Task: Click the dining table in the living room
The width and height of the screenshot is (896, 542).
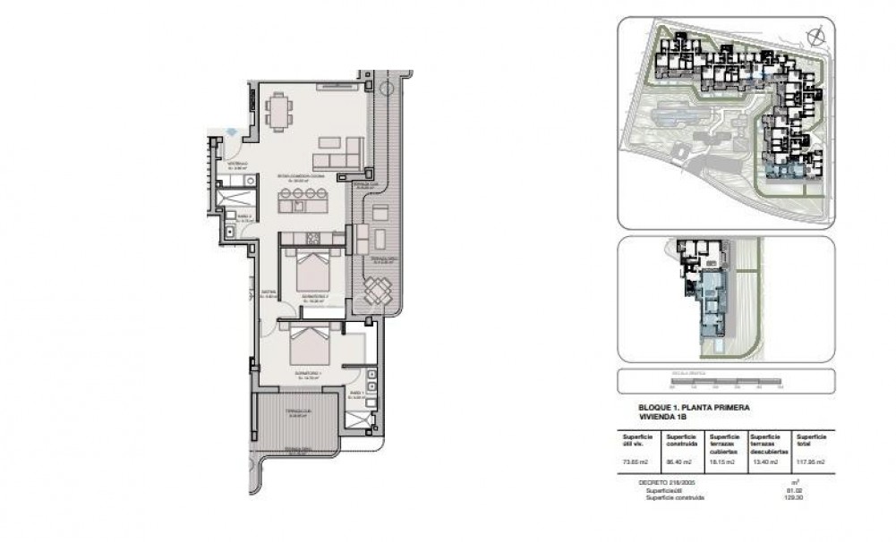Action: pos(278,112)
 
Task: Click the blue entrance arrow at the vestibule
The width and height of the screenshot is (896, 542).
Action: pos(231,131)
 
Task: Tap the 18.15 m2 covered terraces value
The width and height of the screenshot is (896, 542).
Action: pos(722,463)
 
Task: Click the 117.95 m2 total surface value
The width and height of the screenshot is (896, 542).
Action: pos(811,463)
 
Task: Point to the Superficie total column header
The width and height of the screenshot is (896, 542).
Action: pos(811,442)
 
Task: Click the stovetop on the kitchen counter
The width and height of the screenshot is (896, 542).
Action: pos(313,238)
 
